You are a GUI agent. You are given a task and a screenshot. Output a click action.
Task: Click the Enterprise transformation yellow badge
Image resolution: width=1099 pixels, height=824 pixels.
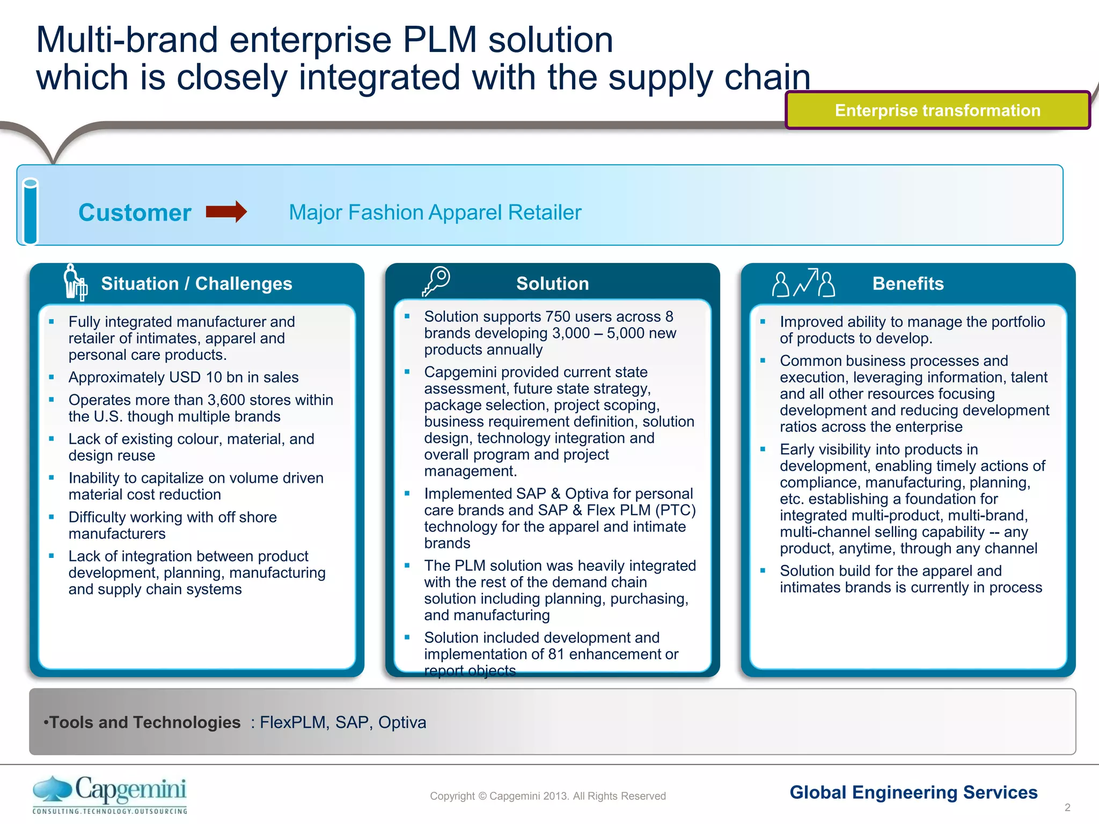point(937,110)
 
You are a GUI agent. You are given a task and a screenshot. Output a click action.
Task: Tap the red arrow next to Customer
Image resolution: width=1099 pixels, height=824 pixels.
point(226,212)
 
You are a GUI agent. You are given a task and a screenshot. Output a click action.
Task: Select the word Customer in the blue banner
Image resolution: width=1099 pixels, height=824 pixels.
point(135,213)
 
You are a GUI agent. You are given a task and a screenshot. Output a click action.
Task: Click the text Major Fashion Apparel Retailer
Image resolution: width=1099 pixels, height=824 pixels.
point(435,212)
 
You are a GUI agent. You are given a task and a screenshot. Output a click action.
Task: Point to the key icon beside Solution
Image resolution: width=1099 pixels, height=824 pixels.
point(436,281)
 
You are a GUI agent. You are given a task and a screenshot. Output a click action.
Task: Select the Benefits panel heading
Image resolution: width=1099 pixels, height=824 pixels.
point(907,283)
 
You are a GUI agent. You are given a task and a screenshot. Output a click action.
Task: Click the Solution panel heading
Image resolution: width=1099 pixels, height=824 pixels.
point(552,283)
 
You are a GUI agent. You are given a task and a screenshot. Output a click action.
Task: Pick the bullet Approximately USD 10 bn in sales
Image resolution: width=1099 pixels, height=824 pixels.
point(183,377)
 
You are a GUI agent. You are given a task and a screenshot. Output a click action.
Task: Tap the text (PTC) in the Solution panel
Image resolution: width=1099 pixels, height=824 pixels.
point(675,510)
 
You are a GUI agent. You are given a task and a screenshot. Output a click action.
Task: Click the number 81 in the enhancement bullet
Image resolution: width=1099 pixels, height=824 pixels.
point(556,654)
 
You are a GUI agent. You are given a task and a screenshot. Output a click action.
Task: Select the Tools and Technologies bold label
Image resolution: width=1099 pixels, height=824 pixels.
point(144,722)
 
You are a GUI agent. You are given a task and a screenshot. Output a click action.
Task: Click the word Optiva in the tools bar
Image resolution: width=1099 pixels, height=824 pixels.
point(402,722)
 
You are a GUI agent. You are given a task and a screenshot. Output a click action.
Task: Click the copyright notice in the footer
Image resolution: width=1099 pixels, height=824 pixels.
point(547,796)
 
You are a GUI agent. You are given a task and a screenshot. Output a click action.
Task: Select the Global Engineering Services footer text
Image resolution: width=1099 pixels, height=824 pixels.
point(913,792)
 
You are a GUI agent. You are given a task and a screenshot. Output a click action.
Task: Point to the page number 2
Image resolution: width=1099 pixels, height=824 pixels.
point(1067,807)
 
